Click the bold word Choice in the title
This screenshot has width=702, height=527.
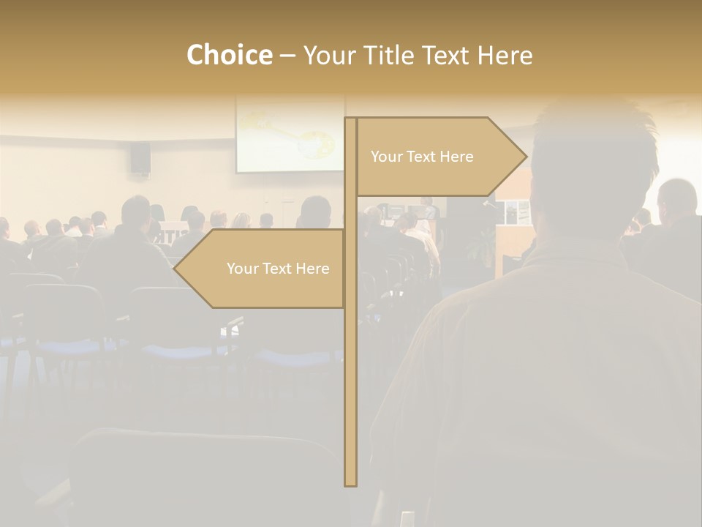click(x=229, y=56)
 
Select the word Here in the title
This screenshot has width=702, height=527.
click(x=505, y=56)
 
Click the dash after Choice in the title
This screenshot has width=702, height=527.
click(x=287, y=56)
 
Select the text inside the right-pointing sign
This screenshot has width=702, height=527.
click(x=422, y=157)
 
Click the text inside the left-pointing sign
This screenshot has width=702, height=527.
click(x=278, y=269)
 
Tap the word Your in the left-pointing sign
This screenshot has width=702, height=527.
click(x=242, y=269)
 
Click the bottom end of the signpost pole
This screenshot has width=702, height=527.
click(x=350, y=484)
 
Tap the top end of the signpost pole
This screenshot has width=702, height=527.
click(x=350, y=119)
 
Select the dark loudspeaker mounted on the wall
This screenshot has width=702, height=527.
click(x=140, y=157)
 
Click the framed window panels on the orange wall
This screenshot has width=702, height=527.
click(x=516, y=212)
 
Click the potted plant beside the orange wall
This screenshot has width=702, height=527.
click(x=483, y=249)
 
